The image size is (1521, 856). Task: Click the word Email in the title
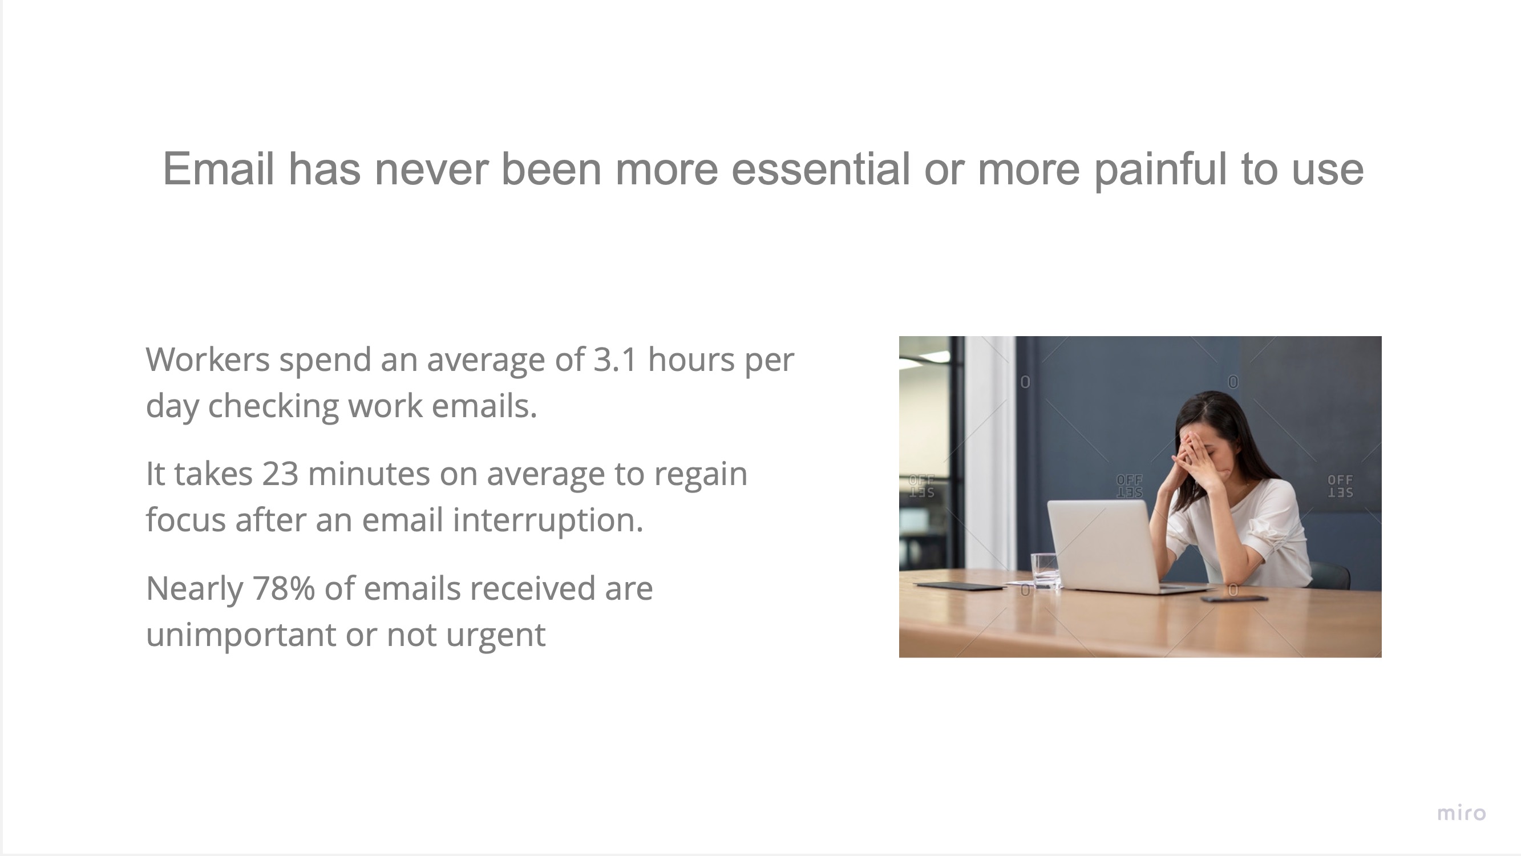(219, 169)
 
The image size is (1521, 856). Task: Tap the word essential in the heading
(821, 169)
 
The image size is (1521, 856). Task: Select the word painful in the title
(1161, 170)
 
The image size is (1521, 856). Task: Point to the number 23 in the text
(280, 474)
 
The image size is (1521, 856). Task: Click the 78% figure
(284, 588)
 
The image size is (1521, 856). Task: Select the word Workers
(208, 359)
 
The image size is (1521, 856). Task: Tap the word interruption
(547, 520)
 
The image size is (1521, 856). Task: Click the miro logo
(1461, 813)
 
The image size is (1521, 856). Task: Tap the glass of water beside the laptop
(1045, 571)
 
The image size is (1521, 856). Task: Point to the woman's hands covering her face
(1194, 461)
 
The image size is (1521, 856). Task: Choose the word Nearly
(194, 589)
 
